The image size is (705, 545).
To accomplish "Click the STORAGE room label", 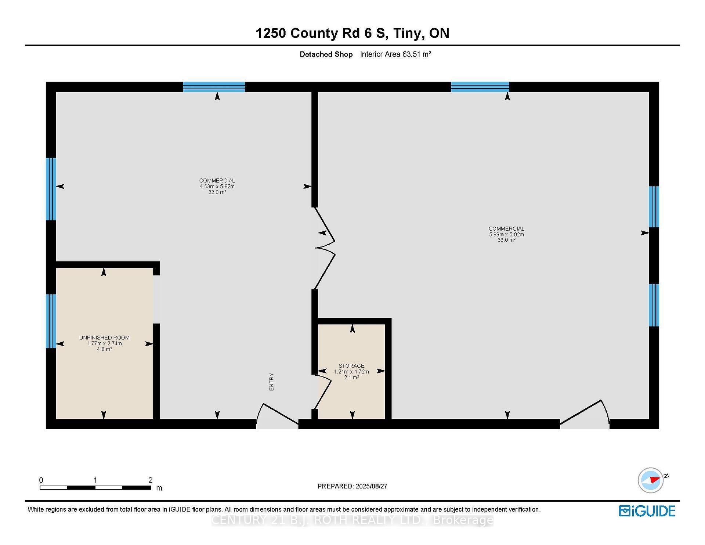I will [351, 365].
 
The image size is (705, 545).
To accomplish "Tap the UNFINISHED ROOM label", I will [104, 338].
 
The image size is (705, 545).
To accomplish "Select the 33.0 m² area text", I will [506, 240].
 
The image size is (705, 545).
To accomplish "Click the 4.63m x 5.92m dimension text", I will [217, 186].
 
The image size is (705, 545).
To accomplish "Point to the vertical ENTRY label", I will [272, 382].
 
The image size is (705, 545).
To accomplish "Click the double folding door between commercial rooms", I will [325, 248].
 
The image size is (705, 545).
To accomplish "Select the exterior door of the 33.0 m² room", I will [585, 414].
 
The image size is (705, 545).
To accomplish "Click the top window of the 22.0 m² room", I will [214, 87].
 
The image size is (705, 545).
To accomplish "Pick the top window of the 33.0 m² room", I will [480, 87].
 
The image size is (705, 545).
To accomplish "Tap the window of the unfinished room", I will [51, 321].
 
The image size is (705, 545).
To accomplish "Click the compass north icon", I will [651, 480].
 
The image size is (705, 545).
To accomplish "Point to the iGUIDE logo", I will [647, 511].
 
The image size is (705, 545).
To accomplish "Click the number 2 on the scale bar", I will [150, 480].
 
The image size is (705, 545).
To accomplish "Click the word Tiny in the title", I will [406, 33].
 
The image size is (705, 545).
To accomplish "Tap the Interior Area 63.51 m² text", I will [395, 54].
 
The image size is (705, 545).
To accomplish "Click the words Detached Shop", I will [326, 54].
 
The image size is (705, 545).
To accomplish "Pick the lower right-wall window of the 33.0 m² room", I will [654, 305].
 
